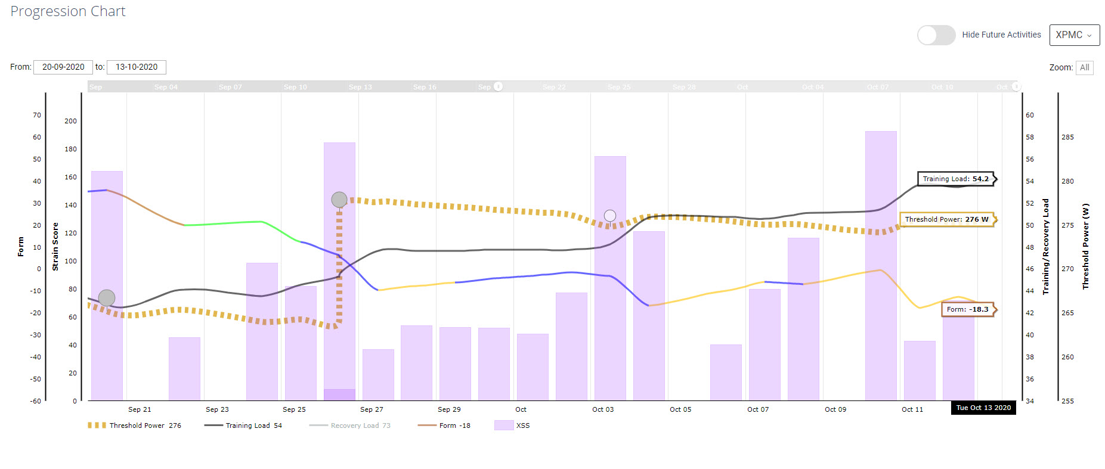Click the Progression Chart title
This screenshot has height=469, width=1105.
tap(68, 11)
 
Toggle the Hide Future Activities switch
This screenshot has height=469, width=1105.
tap(936, 35)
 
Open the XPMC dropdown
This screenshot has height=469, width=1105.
tap(1074, 35)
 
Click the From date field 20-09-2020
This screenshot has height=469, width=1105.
tap(63, 67)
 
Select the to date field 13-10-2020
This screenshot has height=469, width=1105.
tap(137, 67)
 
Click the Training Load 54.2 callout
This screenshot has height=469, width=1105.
tap(955, 179)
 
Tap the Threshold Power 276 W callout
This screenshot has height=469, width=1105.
tap(946, 219)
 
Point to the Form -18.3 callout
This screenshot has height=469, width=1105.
tap(967, 309)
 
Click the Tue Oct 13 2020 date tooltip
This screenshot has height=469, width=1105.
tap(983, 408)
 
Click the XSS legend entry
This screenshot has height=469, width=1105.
tap(512, 425)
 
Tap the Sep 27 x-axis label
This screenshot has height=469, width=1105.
tap(372, 409)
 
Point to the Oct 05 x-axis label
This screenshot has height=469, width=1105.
tap(680, 409)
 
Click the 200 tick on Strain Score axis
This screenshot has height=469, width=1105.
tap(70, 121)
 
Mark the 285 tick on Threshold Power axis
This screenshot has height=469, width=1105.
tap(1067, 137)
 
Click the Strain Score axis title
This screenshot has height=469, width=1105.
tap(55, 247)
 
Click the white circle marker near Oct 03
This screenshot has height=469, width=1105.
tap(609, 216)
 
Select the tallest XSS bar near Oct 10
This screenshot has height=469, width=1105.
tap(881, 265)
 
